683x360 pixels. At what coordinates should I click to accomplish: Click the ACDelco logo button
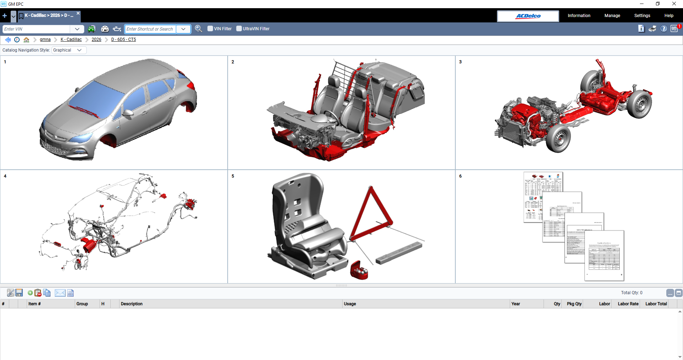coord(528,16)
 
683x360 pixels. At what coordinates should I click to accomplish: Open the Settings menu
coord(642,16)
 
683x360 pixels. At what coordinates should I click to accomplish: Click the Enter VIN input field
coord(37,29)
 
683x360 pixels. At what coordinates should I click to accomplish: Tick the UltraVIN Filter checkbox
coord(239,29)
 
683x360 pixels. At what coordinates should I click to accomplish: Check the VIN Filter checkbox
coord(210,29)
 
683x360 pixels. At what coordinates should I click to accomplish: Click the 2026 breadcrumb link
coord(96,39)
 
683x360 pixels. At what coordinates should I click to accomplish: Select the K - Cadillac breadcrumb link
coord(71,39)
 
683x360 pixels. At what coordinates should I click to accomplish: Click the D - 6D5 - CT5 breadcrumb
coord(123,39)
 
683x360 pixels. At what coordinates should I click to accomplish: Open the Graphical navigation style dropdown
coord(69,50)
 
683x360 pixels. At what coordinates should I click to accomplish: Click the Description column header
coord(132,304)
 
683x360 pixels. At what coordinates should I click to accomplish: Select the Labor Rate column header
coord(628,304)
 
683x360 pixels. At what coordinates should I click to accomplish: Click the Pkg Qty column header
coord(574,304)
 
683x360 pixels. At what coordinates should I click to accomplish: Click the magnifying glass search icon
coord(198,29)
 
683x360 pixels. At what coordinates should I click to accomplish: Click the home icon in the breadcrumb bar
coord(26,39)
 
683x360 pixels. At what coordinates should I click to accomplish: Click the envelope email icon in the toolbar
coord(60,293)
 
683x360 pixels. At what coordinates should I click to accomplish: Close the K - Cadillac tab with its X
coord(78,13)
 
